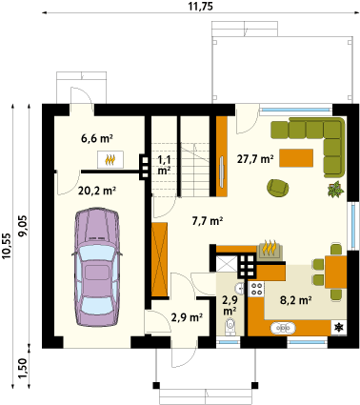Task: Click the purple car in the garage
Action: (96, 267)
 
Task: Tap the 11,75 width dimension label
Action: (201, 6)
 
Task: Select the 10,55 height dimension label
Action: (7, 247)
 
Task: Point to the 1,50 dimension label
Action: (22, 369)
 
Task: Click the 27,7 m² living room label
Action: (255, 159)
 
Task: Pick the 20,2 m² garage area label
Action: (97, 191)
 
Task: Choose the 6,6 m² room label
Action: (97, 138)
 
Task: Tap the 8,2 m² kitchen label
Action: (295, 300)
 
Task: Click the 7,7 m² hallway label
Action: (207, 220)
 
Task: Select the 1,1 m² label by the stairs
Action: (164, 166)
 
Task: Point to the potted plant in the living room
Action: (335, 190)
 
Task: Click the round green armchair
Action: (278, 188)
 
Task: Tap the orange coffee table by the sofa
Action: (296, 158)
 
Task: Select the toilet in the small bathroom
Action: (230, 327)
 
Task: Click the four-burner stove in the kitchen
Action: (256, 289)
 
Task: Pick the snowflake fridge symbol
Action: (339, 327)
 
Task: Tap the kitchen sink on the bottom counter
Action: (283, 327)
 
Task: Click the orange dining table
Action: (335, 272)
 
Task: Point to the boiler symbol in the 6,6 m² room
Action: (110, 159)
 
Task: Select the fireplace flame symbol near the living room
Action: (270, 249)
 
